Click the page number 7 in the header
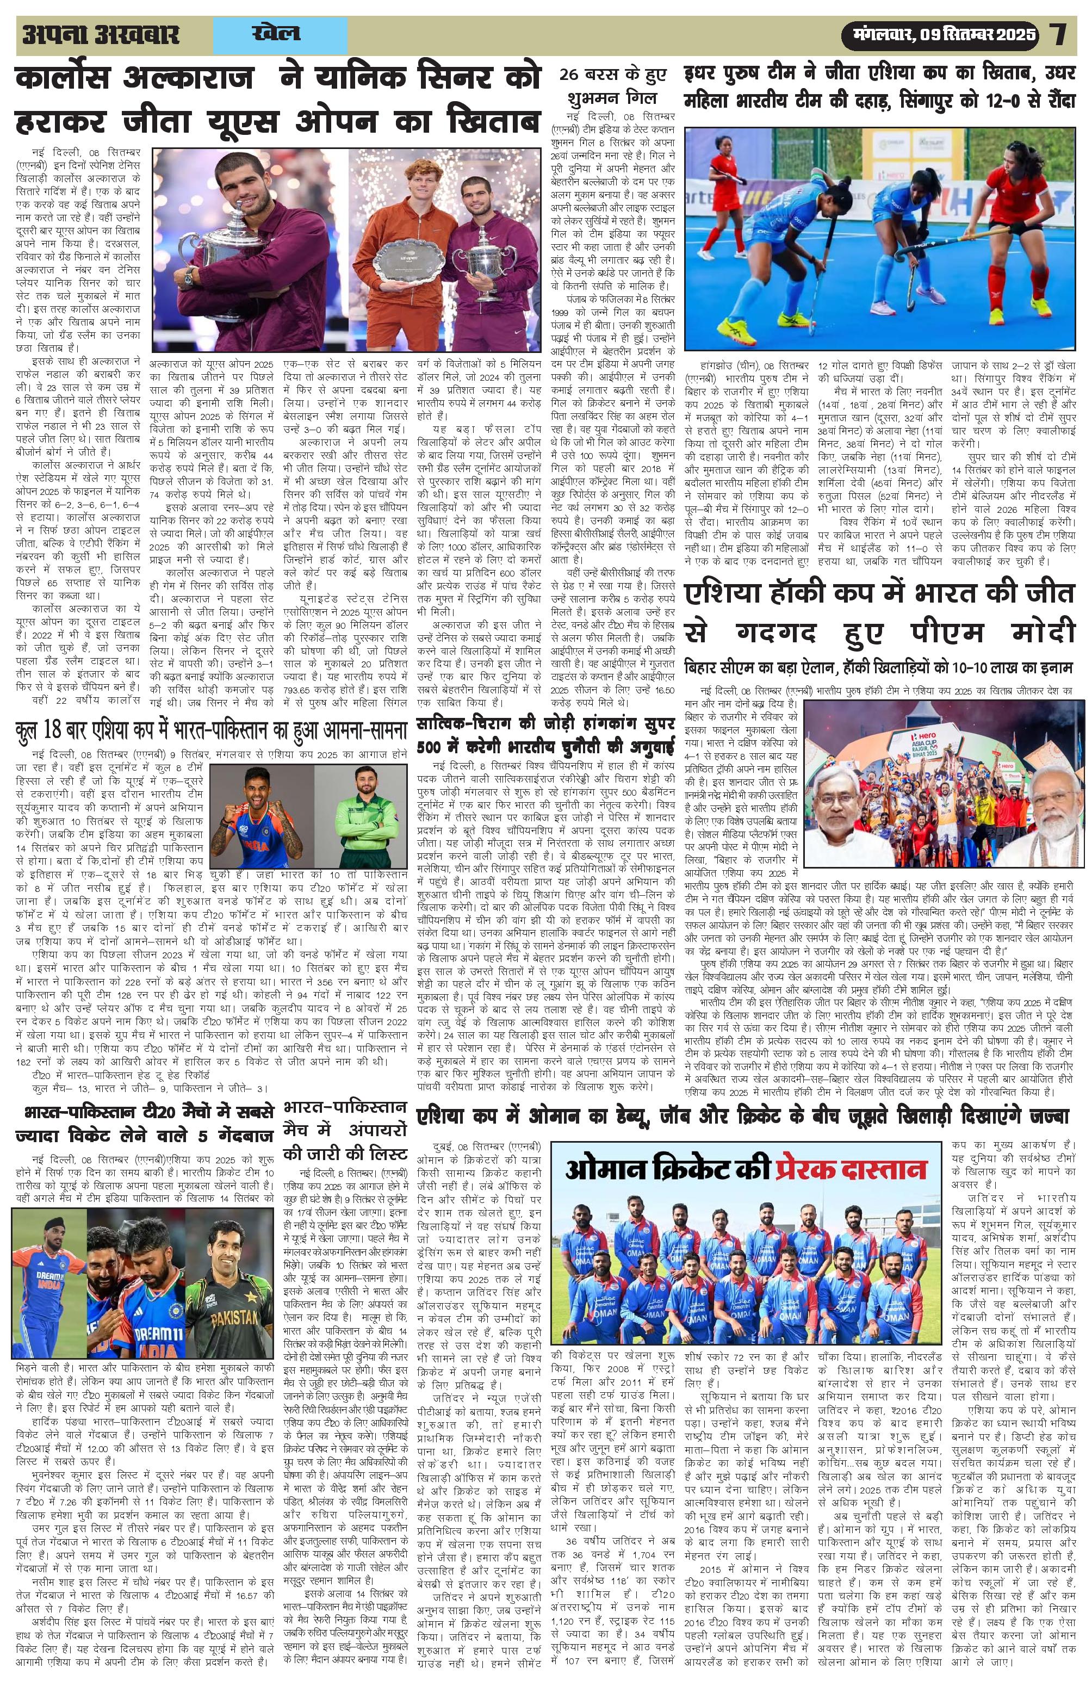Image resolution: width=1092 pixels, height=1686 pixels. tap(1059, 35)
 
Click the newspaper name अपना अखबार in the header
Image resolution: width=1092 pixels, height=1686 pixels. tap(101, 35)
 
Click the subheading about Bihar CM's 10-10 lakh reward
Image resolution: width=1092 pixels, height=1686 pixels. tap(879, 667)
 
